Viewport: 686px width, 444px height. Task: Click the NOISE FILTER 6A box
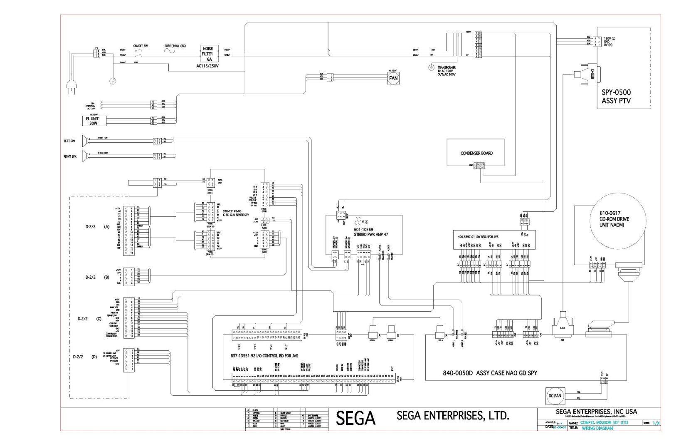(207, 54)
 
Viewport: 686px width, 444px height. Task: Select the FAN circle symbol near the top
(393, 78)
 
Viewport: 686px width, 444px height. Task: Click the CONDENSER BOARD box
(476, 153)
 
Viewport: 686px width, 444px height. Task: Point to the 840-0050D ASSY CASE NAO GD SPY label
(490, 373)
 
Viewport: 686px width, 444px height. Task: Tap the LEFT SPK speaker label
(69, 141)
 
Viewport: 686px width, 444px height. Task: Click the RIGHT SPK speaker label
(70, 156)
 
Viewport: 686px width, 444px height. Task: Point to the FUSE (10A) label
(175, 45)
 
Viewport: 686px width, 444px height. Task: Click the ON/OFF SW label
(141, 45)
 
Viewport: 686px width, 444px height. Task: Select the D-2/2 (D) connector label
(85, 357)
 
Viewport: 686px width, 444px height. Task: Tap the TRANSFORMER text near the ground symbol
(447, 67)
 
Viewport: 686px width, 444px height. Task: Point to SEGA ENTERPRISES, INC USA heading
(596, 412)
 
